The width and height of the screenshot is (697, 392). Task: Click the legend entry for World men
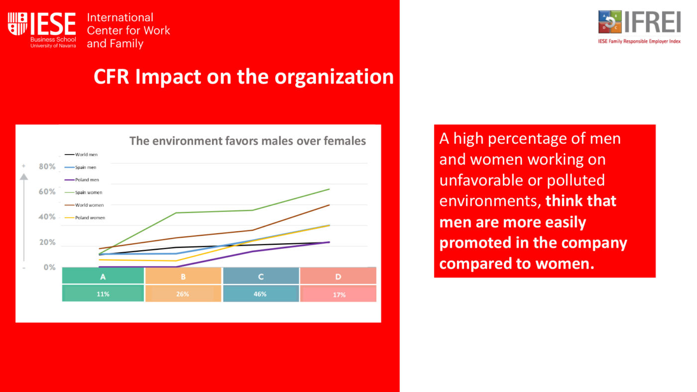click(81, 155)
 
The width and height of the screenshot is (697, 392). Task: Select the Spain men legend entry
click(81, 167)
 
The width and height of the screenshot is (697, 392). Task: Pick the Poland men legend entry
click(82, 180)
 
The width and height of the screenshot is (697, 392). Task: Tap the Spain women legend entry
click(84, 193)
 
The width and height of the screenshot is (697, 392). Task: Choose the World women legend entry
click(84, 205)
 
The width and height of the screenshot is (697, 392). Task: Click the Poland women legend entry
click(85, 217)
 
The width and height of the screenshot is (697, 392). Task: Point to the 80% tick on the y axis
click(47, 167)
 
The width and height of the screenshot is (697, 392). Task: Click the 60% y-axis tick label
click(47, 192)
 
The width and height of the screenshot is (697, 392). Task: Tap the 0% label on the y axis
click(49, 267)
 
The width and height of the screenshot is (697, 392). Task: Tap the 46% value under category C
click(260, 294)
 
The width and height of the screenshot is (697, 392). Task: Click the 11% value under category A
click(103, 294)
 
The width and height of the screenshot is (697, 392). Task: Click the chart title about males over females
click(248, 141)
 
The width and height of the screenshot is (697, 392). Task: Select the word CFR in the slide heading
click(111, 77)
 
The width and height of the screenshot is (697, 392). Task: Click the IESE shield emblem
click(17, 24)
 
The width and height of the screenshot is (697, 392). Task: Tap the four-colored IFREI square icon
click(610, 22)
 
